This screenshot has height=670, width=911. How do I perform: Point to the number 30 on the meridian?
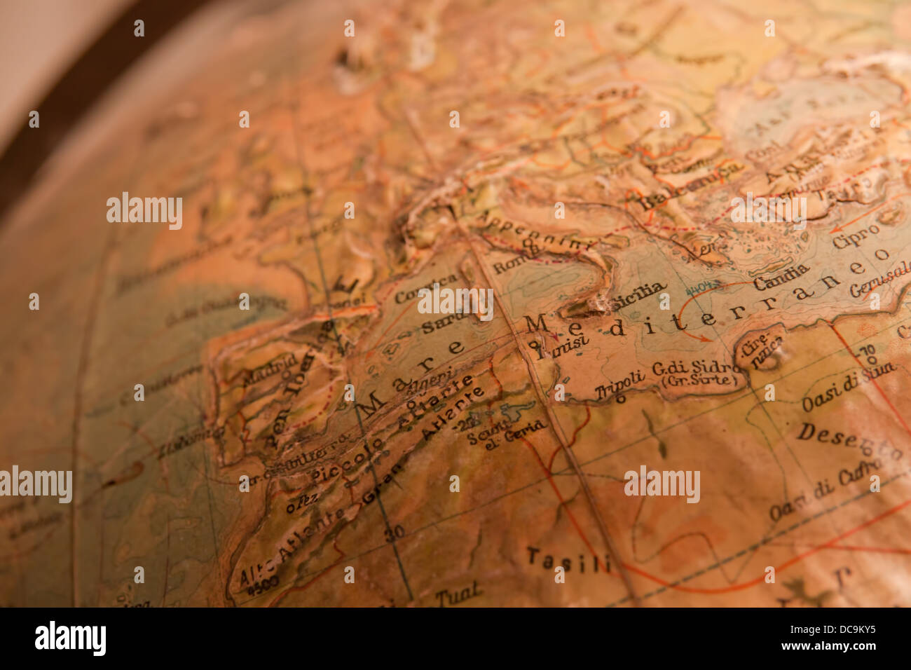point(394,533)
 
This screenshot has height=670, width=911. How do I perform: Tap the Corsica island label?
point(425,289)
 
